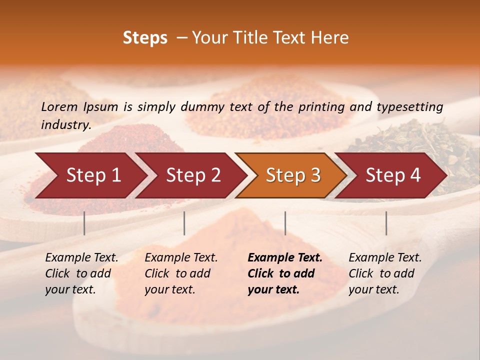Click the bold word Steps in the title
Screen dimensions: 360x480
coord(145,38)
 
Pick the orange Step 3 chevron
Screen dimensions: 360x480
coord(293,175)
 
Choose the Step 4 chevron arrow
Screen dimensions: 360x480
coord(393,175)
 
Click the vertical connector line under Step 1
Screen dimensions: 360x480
coord(84,223)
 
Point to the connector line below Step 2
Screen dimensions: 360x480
coord(184,223)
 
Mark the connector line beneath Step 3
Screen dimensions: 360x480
coord(285,223)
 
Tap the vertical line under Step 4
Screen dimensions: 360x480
coord(386,223)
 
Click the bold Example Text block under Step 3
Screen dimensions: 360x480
coord(285,273)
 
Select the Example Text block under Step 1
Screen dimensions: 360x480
coord(81,273)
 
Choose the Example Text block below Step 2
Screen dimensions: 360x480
coord(181,273)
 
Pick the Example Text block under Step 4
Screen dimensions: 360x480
coord(385,273)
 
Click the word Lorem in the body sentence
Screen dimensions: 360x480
coord(59,106)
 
